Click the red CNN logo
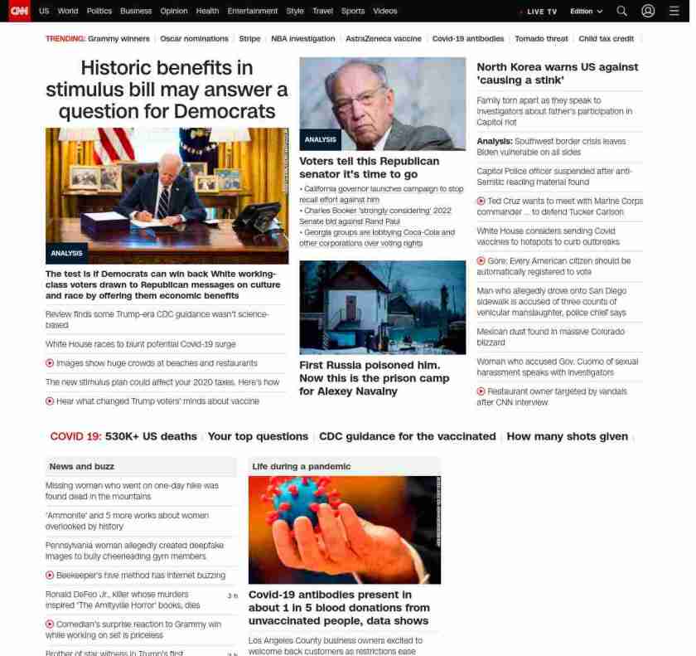tap(19, 11)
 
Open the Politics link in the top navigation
tap(99, 12)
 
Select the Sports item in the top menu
tap(352, 12)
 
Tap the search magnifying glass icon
tap(621, 12)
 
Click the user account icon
tap(648, 12)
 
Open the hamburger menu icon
tap(674, 12)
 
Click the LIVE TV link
tap(541, 12)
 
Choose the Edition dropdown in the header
tap(586, 12)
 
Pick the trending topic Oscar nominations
tap(194, 39)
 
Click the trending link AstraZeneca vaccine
tap(383, 39)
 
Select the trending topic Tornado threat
tap(541, 39)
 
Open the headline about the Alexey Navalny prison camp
tap(374, 378)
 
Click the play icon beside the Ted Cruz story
tap(481, 202)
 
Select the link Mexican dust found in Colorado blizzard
tap(550, 337)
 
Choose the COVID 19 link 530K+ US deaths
tap(151, 436)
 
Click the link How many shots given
tap(567, 436)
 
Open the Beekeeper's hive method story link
tap(140, 576)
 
